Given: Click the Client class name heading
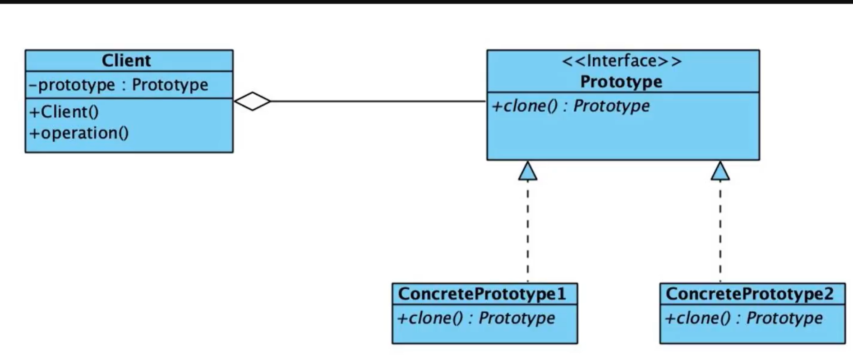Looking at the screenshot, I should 126,60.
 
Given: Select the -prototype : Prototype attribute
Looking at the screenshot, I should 118,85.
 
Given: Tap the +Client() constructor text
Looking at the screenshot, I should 64,112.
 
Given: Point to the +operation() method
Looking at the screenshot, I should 79,133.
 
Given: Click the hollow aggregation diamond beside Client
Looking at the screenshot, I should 252,101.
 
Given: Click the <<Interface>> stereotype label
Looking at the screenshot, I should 622,61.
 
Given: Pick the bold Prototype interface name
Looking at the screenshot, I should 621,82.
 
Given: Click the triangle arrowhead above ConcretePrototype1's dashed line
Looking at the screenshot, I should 528,171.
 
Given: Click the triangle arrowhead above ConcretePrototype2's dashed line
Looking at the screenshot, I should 720,171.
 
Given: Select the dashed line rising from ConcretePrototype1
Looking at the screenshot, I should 528,230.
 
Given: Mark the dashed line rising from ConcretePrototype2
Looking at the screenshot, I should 720,230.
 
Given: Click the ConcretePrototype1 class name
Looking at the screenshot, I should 482,294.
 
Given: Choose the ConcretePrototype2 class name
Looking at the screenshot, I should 749,294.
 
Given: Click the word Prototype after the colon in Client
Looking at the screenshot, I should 170,85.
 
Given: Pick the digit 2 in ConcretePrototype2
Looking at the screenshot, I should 828,294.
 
